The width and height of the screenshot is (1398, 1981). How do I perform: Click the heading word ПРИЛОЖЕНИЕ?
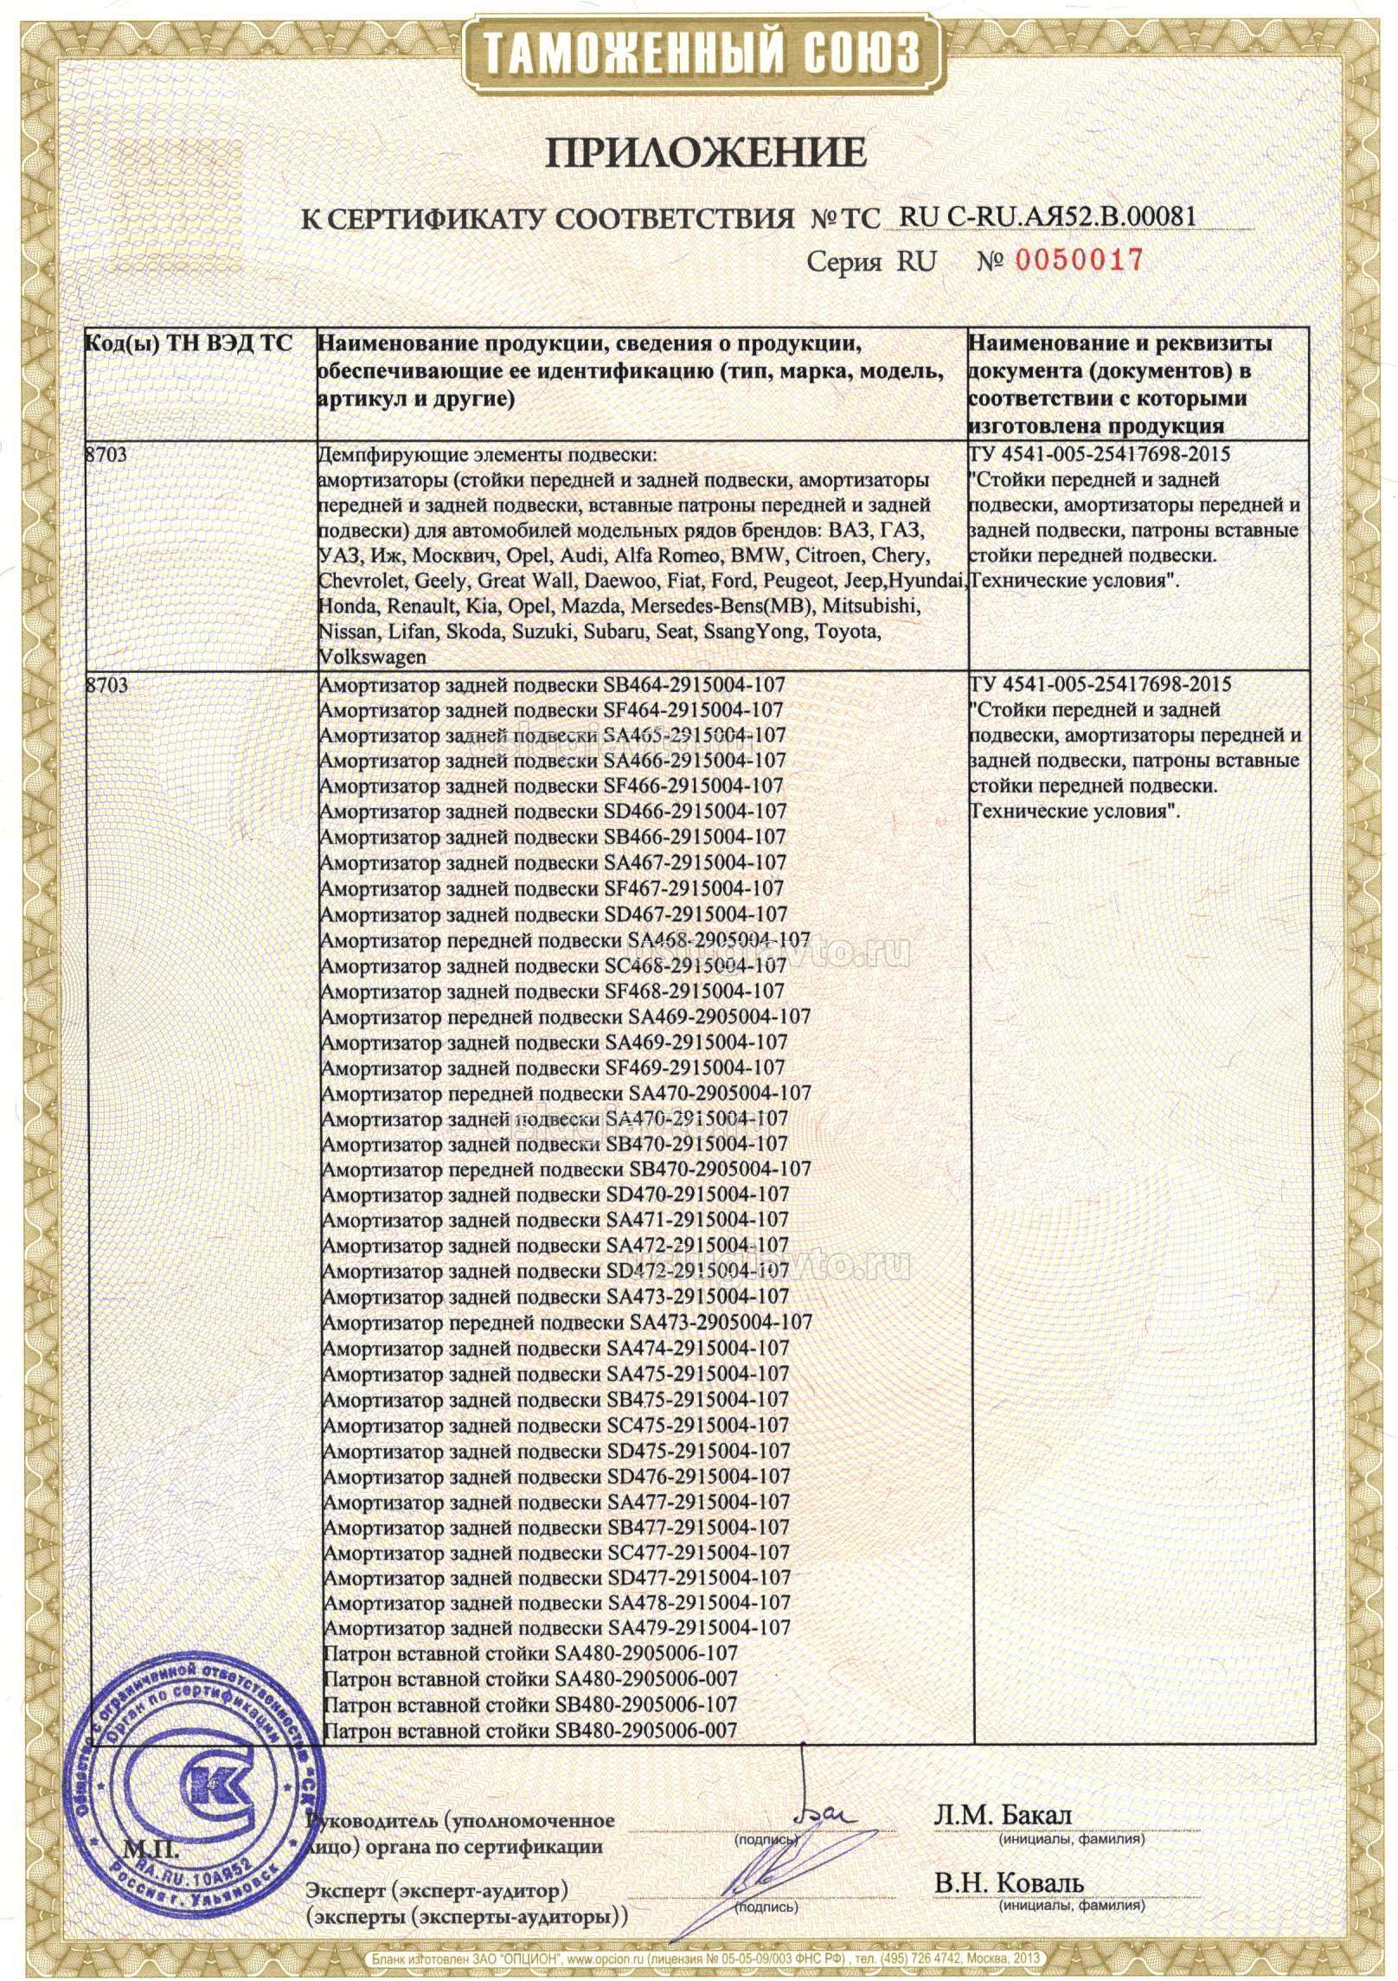point(704,152)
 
